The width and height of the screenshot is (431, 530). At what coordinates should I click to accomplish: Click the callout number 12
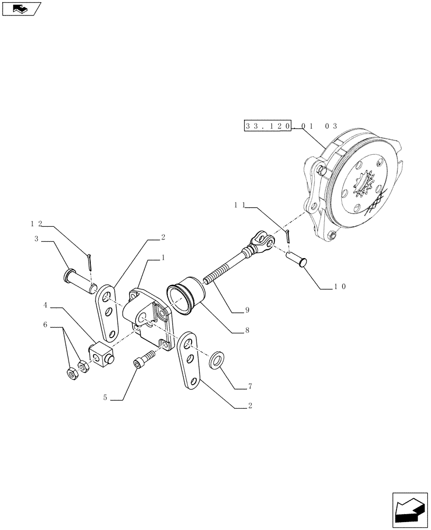36,224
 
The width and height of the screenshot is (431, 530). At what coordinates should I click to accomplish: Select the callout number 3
37,239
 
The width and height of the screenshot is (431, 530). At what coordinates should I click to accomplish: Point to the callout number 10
340,286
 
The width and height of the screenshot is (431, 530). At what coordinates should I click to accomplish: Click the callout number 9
247,310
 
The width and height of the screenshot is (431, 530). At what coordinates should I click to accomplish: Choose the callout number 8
247,329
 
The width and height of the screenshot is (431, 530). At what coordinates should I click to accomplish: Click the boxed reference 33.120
268,126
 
